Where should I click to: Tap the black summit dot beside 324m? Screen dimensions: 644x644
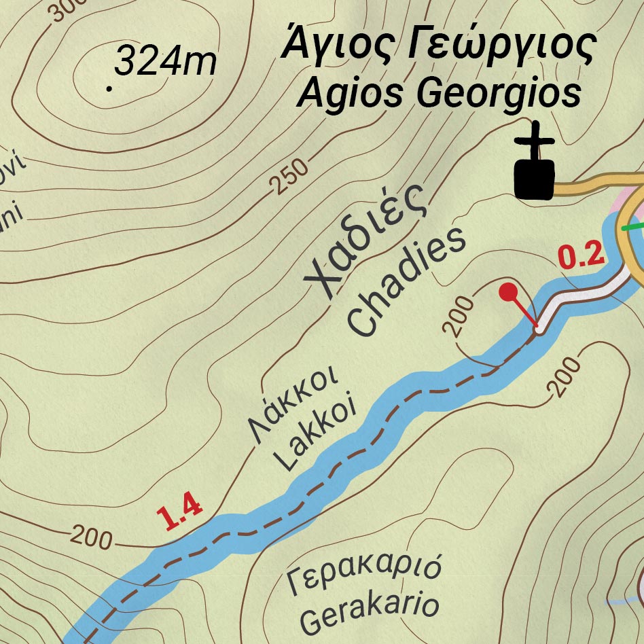109,88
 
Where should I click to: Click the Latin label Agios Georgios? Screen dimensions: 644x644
438,94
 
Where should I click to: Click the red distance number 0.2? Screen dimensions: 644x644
580,256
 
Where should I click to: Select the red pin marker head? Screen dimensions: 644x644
507,292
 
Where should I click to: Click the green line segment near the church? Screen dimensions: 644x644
633,227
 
